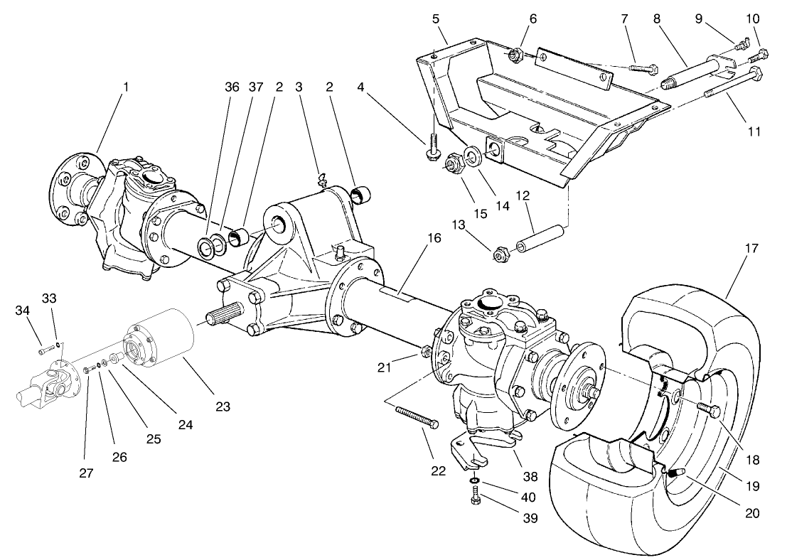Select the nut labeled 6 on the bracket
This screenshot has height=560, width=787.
point(515,53)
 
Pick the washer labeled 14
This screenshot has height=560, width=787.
point(470,156)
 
